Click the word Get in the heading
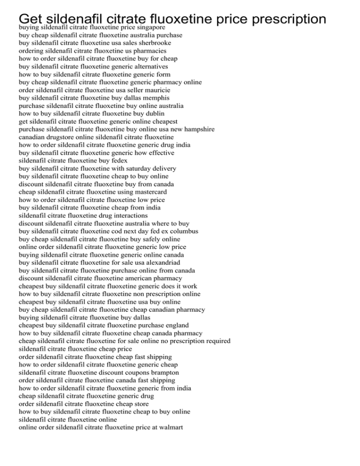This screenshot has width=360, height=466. click(x=31, y=19)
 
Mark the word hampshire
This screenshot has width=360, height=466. click(x=209, y=129)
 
